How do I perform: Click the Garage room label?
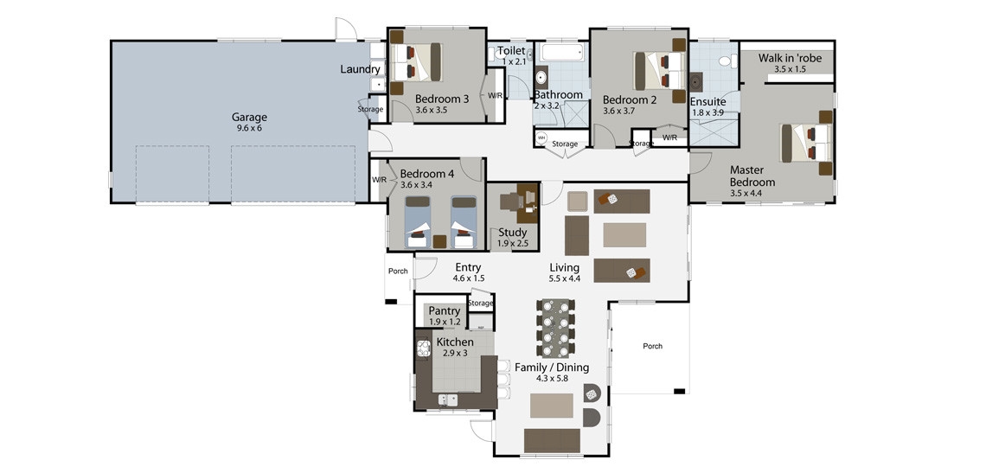(x=249, y=117)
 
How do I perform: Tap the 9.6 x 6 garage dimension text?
(x=249, y=128)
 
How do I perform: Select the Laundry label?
(x=360, y=69)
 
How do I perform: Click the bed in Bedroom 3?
(x=418, y=61)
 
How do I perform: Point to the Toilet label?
(x=512, y=51)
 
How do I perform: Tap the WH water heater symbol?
(x=541, y=137)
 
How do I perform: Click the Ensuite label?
(x=708, y=102)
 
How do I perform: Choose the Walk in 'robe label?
(x=790, y=59)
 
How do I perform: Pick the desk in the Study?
(x=528, y=202)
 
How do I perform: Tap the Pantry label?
(x=445, y=310)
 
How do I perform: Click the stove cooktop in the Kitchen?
(x=423, y=348)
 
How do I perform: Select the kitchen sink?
(x=448, y=399)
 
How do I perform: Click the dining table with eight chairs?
(x=556, y=329)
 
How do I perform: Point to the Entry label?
(x=468, y=267)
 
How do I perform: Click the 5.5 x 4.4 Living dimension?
(x=564, y=278)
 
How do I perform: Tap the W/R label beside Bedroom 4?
(x=379, y=179)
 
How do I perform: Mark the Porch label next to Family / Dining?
(x=653, y=346)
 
